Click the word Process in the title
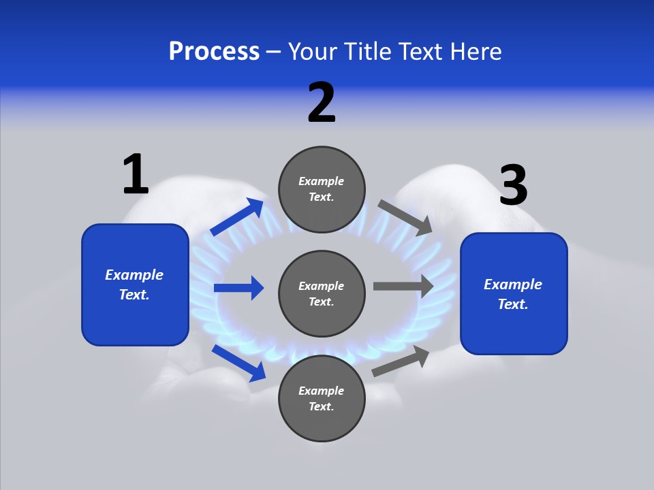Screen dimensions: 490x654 214,51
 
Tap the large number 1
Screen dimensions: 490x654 136,174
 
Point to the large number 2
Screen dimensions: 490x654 322,103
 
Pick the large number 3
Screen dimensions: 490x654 513,185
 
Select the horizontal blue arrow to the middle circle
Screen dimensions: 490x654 238,288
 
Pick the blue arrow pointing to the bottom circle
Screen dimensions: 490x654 239,363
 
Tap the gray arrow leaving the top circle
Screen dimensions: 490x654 405,217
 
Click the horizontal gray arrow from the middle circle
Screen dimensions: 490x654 403,286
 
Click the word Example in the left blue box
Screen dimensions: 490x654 134,275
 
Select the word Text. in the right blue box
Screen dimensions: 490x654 513,304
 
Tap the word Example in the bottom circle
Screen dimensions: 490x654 322,391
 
